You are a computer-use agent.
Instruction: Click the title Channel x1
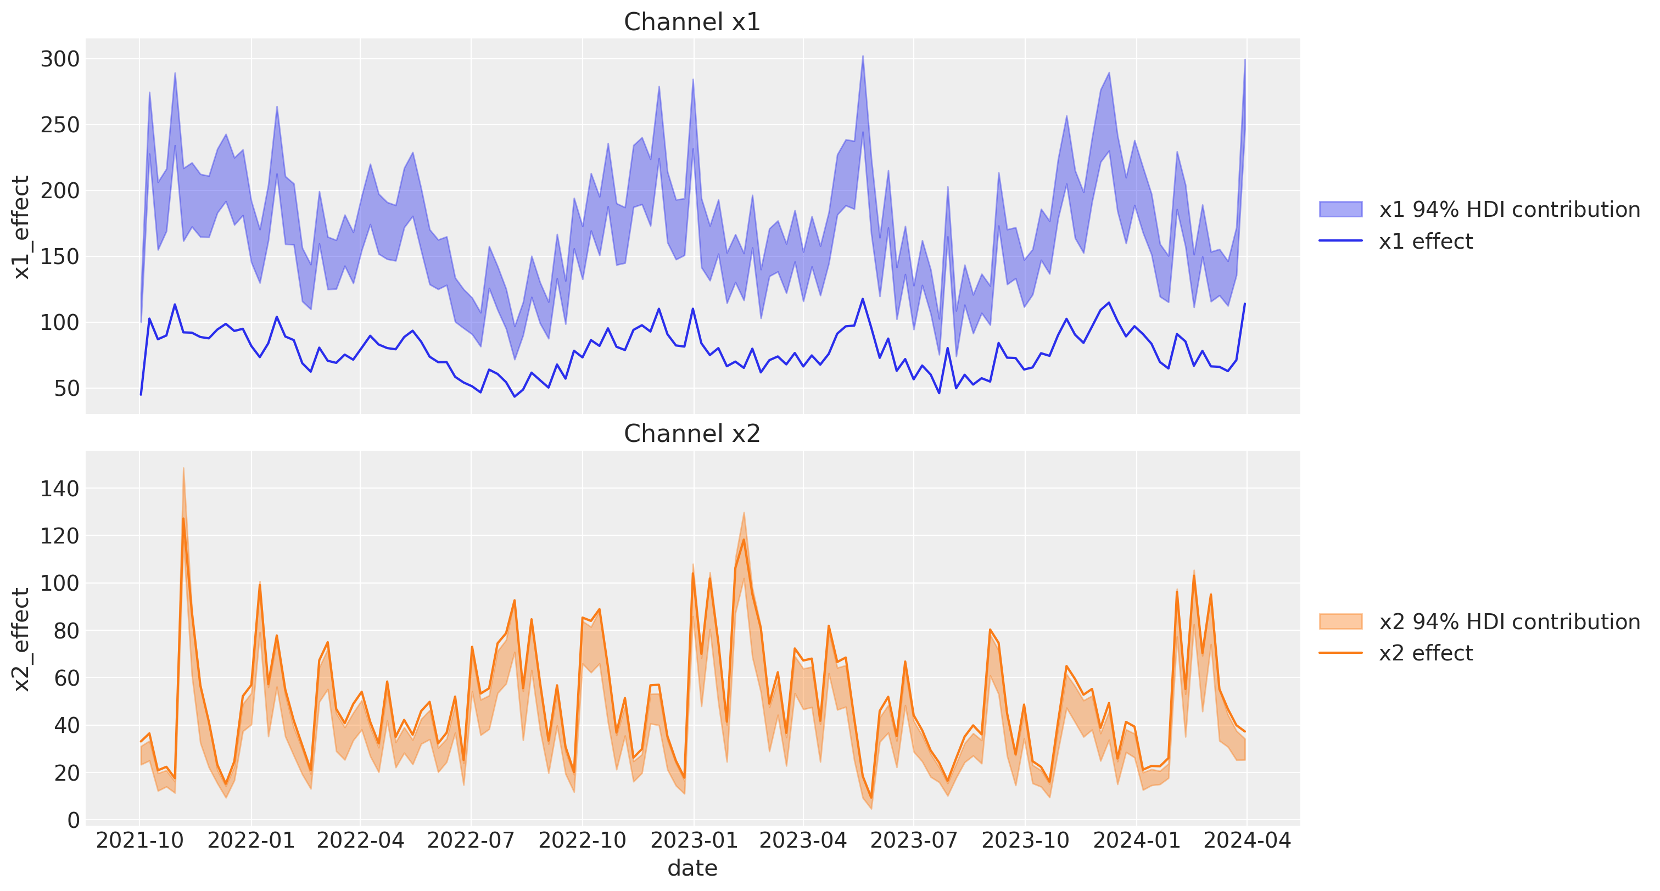pyautogui.click(x=691, y=22)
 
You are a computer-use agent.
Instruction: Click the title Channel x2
pyautogui.click(x=691, y=434)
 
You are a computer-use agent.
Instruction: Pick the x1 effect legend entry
pyautogui.click(x=1396, y=241)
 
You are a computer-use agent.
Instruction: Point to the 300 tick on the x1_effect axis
pyautogui.click(x=60, y=59)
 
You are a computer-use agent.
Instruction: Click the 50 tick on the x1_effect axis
pyautogui.click(x=67, y=389)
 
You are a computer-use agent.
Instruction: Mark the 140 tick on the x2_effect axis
pyautogui.click(x=60, y=489)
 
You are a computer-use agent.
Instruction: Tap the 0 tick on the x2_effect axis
pyautogui.click(x=74, y=820)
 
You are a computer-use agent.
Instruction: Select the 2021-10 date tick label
pyautogui.click(x=140, y=840)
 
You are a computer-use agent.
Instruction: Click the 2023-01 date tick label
pyautogui.click(x=694, y=840)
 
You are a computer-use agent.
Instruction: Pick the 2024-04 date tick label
pyautogui.click(x=1248, y=840)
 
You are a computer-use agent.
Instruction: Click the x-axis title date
pyautogui.click(x=692, y=868)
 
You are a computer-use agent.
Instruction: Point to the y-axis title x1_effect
pyautogui.click(x=21, y=227)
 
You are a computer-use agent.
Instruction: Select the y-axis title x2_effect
pyautogui.click(x=21, y=639)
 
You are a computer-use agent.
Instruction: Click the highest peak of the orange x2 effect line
pyautogui.click(x=183, y=518)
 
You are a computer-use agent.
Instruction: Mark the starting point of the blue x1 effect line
pyautogui.click(x=141, y=394)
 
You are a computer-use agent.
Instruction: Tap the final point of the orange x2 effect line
pyautogui.click(x=1245, y=732)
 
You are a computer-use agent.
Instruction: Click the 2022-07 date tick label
pyautogui.click(x=471, y=840)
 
